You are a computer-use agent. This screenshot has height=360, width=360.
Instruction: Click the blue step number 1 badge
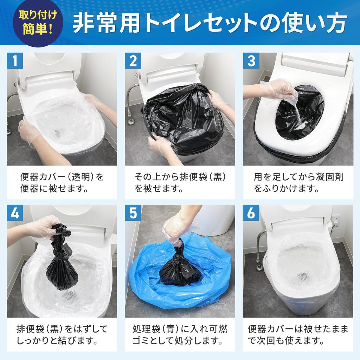point(15,61)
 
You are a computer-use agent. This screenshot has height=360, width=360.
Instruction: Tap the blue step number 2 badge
point(133,61)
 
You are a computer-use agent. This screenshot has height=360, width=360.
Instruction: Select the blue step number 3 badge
point(251,61)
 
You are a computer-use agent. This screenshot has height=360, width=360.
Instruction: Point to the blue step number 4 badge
point(15,213)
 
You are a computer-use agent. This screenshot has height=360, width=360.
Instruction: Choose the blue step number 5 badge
point(133,213)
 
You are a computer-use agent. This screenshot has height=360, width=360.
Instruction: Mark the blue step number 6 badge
point(251,213)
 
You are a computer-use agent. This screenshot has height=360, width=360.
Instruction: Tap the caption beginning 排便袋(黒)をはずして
point(62,335)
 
